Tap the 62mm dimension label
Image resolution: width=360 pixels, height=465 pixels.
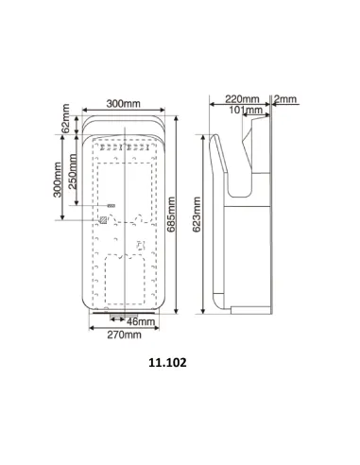pyautogui.click(x=66, y=121)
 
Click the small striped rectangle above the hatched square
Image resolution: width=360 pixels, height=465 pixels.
pyautogui.click(x=111, y=206)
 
